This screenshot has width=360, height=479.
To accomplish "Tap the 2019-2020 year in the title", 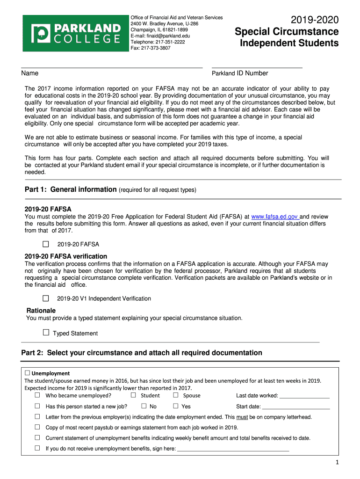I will [314, 20].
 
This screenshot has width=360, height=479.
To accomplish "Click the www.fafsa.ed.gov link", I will [275, 217].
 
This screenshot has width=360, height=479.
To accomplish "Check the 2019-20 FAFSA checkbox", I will [46, 244].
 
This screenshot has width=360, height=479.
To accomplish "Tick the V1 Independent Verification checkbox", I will [46, 298].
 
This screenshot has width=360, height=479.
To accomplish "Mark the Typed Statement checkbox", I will [46, 333].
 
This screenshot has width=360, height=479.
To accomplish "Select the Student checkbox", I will [133, 395].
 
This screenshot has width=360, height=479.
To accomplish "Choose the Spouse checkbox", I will [176, 395].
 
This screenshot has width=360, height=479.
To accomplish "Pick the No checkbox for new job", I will [144, 406].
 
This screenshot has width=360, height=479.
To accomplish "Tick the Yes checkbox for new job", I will [176, 406].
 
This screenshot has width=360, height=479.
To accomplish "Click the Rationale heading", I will [41, 311].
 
